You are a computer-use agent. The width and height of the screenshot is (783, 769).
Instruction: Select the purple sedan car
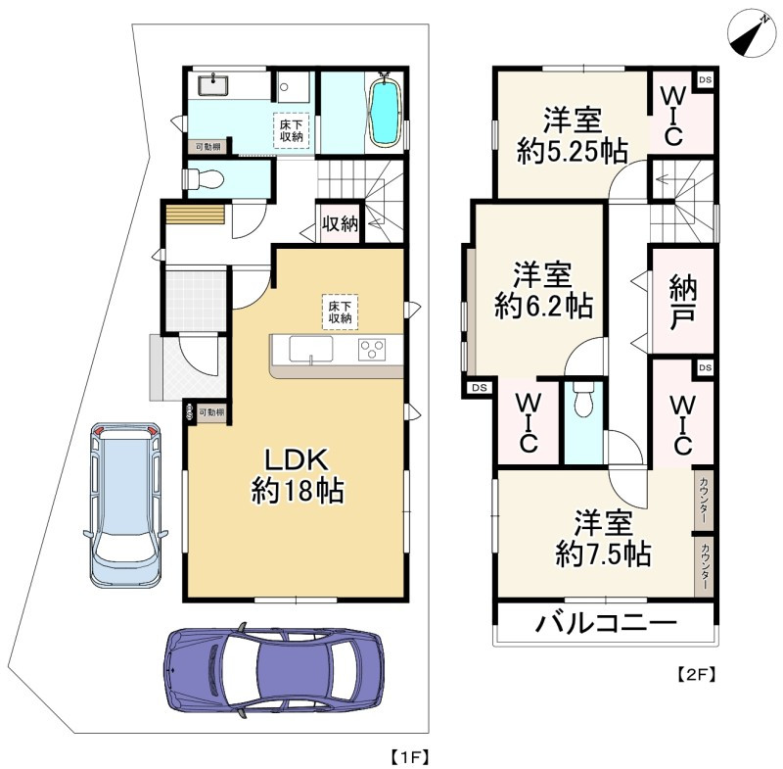pos(274,671)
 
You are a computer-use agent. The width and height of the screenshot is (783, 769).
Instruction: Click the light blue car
pos(125,501)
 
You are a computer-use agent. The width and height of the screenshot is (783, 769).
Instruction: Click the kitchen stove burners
pos(374,350)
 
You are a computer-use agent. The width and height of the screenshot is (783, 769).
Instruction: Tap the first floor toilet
pos(203,179)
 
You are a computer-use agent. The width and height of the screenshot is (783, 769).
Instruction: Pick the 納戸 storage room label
pos(682,302)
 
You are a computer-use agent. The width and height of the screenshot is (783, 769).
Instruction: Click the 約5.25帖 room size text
pos(574,151)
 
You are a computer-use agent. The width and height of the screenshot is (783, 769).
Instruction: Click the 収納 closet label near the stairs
pos(339,224)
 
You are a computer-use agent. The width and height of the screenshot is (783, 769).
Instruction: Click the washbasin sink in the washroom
pos(213,84)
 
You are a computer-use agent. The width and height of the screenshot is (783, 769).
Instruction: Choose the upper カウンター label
pos(703,500)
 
